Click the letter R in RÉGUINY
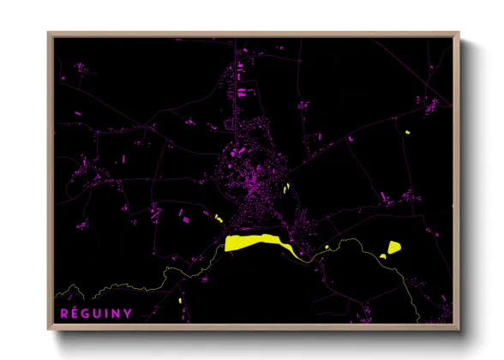point(63,313)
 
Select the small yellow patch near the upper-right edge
point(408,132)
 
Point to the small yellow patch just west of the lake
point(219,219)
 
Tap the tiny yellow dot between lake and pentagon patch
point(327,247)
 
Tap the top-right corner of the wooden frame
point(459,35)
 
